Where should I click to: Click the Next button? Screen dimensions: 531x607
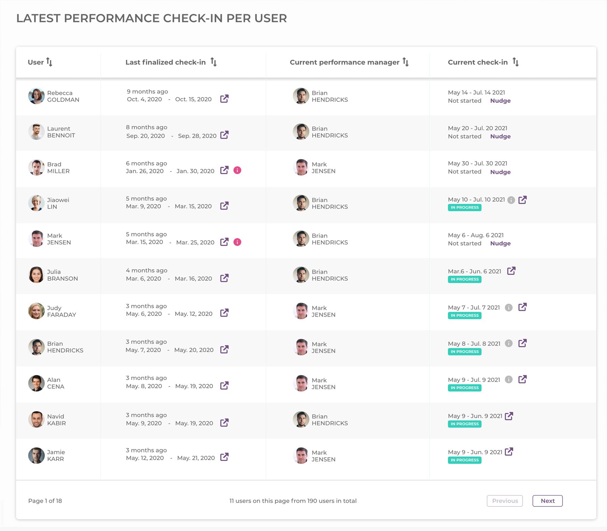coord(547,501)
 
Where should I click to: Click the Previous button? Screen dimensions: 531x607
coord(504,501)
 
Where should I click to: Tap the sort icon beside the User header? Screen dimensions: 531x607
coord(49,62)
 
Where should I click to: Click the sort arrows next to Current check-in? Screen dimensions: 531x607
coord(515,62)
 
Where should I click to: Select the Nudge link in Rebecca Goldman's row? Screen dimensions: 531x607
coord(500,100)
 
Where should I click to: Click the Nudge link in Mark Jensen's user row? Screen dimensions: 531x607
coord(500,243)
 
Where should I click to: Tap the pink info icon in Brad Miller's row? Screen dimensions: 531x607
coord(237,170)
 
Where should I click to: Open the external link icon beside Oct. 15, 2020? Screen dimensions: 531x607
coord(224,99)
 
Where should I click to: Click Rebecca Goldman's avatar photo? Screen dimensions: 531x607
coord(36,96)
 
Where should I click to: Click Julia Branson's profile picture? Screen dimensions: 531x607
coord(36,275)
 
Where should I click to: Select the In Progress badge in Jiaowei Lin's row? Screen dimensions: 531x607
coord(464,207)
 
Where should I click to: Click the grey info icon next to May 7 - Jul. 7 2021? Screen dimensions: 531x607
coord(509,307)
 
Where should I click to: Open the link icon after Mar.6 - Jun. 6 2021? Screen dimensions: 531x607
coord(511,271)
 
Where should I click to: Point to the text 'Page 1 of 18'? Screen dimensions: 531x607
coord(45,501)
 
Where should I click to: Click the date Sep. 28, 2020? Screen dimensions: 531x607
coord(197,136)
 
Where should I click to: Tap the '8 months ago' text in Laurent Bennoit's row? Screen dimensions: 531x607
coord(146,127)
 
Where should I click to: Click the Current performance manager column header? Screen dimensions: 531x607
coord(344,62)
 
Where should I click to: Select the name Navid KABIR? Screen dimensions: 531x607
coord(56,420)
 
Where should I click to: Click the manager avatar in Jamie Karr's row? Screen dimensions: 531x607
coord(301,455)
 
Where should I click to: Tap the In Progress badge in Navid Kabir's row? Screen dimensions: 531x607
coord(464,424)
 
